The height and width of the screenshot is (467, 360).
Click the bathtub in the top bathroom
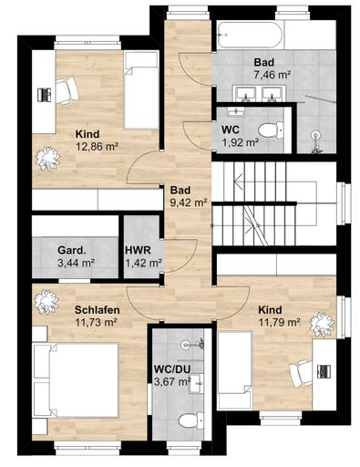click(250, 35)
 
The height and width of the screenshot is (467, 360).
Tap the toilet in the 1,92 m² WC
click(271, 130)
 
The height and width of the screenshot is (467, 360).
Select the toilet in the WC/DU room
click(190, 420)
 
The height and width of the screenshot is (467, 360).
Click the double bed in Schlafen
click(76, 380)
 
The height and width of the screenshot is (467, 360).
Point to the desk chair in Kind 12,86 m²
click(67, 90)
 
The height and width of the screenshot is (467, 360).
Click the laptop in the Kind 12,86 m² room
click(44, 95)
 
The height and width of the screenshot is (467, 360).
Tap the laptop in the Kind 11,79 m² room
click(324, 371)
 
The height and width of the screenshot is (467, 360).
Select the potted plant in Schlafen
click(46, 302)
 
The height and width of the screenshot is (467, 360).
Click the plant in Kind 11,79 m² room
click(322, 325)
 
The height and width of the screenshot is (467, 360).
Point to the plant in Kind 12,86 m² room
click(47, 159)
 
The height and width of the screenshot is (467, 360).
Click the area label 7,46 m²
click(273, 75)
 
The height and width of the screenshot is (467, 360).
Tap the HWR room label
click(138, 251)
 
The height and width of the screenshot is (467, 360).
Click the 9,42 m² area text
click(189, 202)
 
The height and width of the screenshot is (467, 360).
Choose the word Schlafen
click(98, 310)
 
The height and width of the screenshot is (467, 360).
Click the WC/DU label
click(172, 369)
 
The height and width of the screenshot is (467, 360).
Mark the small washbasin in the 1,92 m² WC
click(236, 112)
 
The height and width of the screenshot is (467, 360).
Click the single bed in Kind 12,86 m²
click(141, 90)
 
